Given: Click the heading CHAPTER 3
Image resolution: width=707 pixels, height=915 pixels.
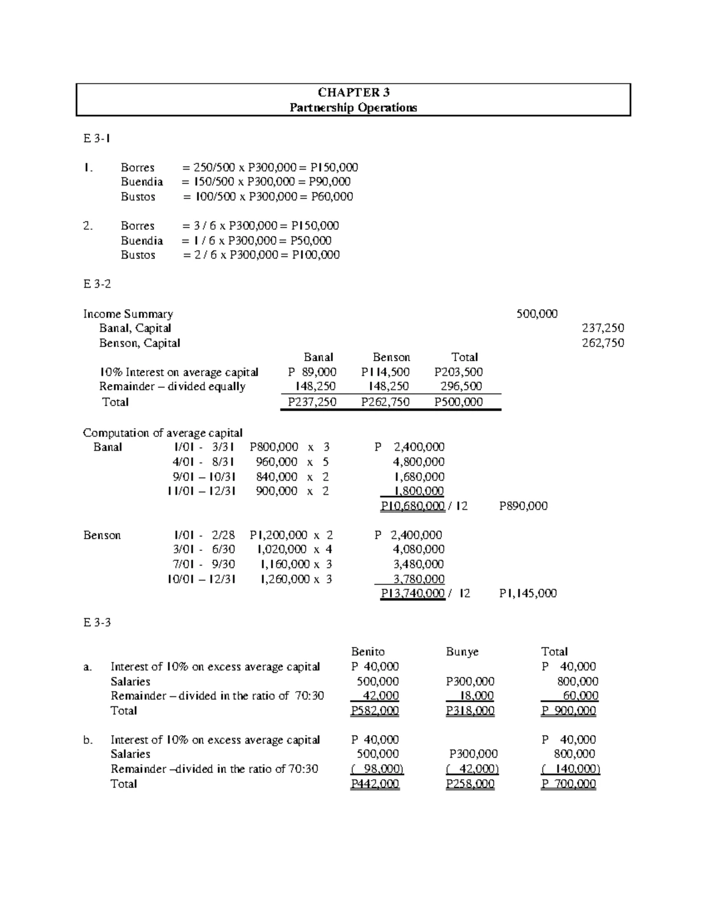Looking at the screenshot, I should (x=353, y=92).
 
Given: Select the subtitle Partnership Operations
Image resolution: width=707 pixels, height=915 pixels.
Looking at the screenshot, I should (x=353, y=107).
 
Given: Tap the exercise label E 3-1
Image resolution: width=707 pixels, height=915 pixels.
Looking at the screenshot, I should (x=97, y=138).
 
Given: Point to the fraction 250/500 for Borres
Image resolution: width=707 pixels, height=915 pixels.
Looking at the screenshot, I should (x=214, y=167).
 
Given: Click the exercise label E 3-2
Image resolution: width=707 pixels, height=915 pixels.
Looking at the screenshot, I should (x=97, y=284).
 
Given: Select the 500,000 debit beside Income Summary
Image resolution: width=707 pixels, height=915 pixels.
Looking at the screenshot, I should (x=537, y=314).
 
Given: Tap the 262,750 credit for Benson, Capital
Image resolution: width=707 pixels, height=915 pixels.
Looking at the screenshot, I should (x=603, y=343).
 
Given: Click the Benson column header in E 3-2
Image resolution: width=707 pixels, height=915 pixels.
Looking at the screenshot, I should (x=391, y=358).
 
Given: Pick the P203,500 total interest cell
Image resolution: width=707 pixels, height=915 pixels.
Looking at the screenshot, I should (x=458, y=372).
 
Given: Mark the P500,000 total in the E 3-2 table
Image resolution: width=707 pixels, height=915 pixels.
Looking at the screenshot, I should (x=458, y=402).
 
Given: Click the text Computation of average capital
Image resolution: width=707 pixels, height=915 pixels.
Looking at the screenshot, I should (x=163, y=433).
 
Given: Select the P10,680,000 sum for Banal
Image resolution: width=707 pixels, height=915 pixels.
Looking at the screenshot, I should (x=412, y=506).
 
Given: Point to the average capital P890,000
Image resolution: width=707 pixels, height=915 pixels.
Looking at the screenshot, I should (x=523, y=506).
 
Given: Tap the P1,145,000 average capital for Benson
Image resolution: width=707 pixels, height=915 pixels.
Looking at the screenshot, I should (x=527, y=594).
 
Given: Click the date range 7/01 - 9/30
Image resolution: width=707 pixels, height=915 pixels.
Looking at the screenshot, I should (x=203, y=564).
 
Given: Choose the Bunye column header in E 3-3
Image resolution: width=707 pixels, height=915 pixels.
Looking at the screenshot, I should (x=462, y=652).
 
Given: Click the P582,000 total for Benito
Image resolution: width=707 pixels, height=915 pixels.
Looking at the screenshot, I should (x=375, y=711).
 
